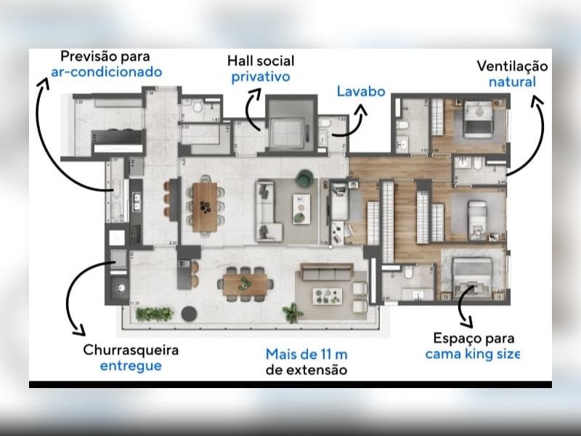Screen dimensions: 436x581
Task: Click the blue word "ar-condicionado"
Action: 106,73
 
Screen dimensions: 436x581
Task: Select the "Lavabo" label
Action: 359,92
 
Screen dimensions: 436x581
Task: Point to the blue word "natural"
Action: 512,81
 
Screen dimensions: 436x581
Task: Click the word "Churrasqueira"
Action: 129,350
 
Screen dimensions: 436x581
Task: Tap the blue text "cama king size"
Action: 473,355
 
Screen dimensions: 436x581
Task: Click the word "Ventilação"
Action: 512,66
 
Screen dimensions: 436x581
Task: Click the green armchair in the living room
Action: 304,177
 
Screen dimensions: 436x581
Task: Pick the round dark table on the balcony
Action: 189,313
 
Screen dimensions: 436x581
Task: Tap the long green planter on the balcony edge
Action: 154,314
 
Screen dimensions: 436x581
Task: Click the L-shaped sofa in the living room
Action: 267,211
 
